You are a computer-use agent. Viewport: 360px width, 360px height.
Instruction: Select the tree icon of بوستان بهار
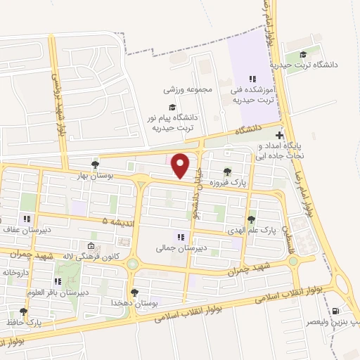[x=95, y=165]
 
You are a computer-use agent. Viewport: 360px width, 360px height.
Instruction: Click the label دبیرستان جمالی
[x=181, y=248]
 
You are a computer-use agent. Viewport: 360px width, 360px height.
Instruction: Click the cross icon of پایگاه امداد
[x=280, y=135]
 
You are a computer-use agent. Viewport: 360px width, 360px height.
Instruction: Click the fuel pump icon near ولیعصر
[x=335, y=310]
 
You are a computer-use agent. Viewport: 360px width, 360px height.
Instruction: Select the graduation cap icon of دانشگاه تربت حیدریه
[x=303, y=55]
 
